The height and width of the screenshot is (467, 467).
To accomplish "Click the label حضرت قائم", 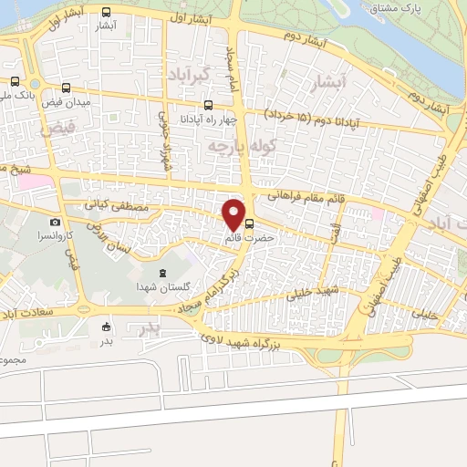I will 245,238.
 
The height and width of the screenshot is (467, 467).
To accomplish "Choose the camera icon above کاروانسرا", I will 55,223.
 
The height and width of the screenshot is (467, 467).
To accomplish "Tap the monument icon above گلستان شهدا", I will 161,273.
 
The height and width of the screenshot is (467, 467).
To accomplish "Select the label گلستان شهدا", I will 162,287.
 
